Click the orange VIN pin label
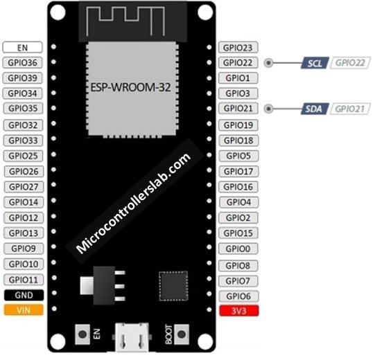(24, 310)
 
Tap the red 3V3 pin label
(239, 311)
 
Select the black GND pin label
(24, 295)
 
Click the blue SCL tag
(315, 63)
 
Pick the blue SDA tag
(315, 109)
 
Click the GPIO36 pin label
(22, 62)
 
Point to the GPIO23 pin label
(238, 48)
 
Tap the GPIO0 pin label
(238, 249)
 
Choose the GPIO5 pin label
(238, 156)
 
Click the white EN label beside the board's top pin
(22, 47)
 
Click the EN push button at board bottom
(82, 334)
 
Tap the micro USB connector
(132, 337)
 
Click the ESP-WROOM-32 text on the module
(130, 87)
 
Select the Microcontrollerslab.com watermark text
(134, 203)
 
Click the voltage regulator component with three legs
(103, 285)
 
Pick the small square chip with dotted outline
(173, 286)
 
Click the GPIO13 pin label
(24, 233)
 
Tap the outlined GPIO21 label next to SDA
(350, 109)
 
